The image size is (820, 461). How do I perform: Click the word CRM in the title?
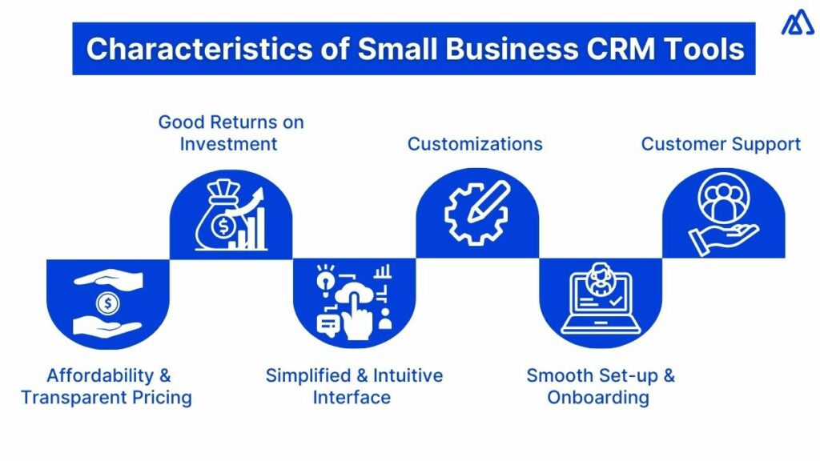coord(621,49)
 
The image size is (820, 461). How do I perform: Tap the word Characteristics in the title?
coord(199,49)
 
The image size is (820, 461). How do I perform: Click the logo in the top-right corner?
coord(798,22)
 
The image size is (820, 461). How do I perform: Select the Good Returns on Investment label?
coord(231,133)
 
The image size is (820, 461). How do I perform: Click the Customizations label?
coord(475,144)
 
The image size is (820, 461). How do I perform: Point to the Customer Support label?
coord(721,144)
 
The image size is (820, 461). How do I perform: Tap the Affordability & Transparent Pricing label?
coord(107,387)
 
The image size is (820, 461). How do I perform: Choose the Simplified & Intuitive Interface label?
coord(354,387)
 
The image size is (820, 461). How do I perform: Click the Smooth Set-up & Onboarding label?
coord(601,387)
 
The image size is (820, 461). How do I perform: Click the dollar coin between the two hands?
coord(108,303)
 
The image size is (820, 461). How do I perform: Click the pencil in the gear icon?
coord(488,202)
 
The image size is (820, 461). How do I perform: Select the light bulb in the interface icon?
coord(325,279)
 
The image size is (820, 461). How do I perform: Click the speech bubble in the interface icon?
coord(328,325)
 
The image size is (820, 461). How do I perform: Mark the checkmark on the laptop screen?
coord(616,301)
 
